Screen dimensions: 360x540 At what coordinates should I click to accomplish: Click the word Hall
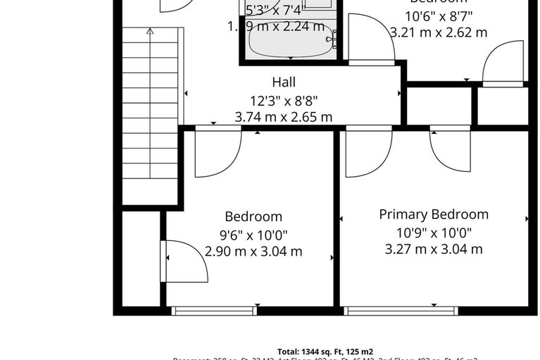[283, 82]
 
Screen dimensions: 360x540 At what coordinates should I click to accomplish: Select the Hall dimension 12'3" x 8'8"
[283, 100]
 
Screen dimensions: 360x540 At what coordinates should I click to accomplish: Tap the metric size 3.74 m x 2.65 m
[283, 117]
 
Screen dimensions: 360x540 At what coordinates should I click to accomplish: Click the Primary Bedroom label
[433, 214]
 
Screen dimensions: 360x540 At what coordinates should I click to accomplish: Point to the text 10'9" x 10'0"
[433, 232]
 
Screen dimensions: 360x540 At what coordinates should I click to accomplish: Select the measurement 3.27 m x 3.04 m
[433, 249]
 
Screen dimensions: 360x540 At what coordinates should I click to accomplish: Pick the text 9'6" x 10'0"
[253, 235]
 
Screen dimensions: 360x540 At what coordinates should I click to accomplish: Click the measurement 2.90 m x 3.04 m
[253, 251]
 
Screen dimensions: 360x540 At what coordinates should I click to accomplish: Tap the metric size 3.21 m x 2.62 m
[438, 32]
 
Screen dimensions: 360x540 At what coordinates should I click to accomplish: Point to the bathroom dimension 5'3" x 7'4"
[276, 10]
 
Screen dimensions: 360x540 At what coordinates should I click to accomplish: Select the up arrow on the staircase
[149, 32]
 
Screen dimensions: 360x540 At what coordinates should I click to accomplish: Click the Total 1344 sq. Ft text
[325, 351]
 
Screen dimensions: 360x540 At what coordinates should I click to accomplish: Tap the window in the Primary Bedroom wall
[401, 310]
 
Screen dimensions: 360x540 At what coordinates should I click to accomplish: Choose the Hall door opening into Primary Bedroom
[367, 149]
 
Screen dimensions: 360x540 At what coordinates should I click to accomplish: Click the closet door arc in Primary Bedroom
[451, 148]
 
